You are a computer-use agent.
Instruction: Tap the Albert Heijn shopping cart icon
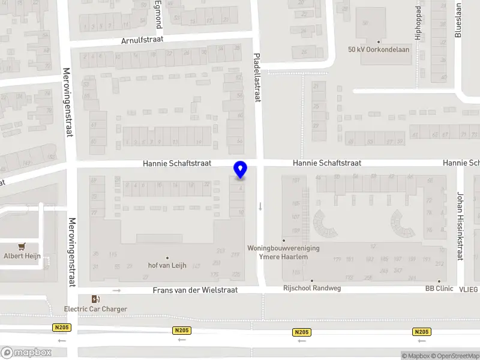(22, 246)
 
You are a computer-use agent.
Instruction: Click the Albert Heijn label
(22, 256)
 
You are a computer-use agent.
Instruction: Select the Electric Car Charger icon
(95, 299)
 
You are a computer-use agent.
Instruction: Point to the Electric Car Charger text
(95, 309)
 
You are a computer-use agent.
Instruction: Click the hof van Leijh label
(167, 266)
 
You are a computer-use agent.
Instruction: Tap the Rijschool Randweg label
(312, 288)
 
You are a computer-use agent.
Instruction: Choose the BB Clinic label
(439, 288)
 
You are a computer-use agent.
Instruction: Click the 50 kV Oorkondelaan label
(379, 50)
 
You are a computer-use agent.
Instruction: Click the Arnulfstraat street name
(142, 40)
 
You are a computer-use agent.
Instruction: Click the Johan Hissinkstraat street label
(460, 226)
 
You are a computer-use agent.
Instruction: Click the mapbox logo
(26, 353)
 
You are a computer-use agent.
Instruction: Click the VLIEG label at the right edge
(470, 290)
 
